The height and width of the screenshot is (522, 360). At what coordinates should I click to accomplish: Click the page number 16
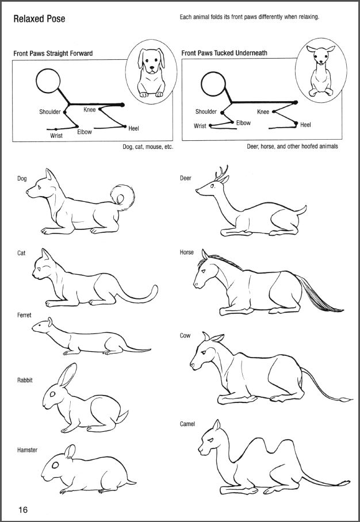(23, 509)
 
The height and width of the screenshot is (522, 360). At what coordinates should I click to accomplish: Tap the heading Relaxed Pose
(39, 19)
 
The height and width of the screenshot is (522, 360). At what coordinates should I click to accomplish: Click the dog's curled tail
(122, 197)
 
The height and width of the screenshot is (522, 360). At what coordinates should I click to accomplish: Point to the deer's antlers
(222, 174)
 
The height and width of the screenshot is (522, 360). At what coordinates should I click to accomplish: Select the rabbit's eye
(52, 394)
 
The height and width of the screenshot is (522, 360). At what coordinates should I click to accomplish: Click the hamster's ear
(70, 451)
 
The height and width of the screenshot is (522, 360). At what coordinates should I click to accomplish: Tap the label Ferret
(24, 315)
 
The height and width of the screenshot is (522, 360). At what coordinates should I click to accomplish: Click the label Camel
(187, 424)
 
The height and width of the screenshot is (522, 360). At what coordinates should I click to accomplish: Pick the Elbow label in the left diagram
(85, 132)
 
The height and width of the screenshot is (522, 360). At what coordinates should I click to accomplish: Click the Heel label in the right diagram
(305, 125)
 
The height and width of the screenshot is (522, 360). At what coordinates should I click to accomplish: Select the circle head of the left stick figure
(48, 81)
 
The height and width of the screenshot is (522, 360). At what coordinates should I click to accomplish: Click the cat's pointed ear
(45, 255)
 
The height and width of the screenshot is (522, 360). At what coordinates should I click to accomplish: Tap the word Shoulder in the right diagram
(206, 112)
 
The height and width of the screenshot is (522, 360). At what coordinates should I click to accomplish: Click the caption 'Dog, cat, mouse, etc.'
(148, 147)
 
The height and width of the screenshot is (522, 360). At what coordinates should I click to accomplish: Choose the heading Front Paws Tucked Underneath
(224, 52)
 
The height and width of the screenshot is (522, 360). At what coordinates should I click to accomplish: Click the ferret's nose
(33, 328)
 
